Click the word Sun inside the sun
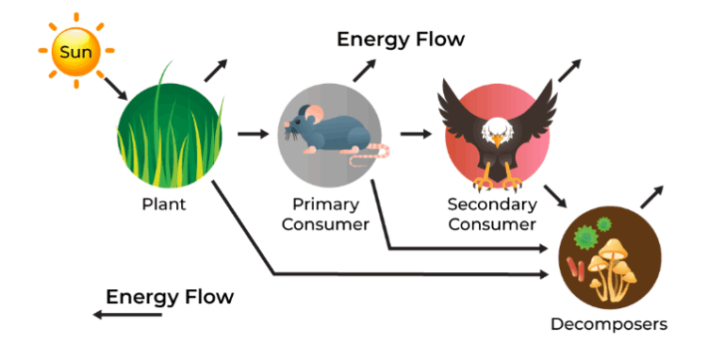(x=76, y=51)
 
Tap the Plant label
(x=163, y=205)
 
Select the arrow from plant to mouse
(x=252, y=134)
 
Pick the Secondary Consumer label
(x=492, y=214)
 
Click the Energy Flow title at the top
(x=401, y=39)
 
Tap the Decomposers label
(x=609, y=324)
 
